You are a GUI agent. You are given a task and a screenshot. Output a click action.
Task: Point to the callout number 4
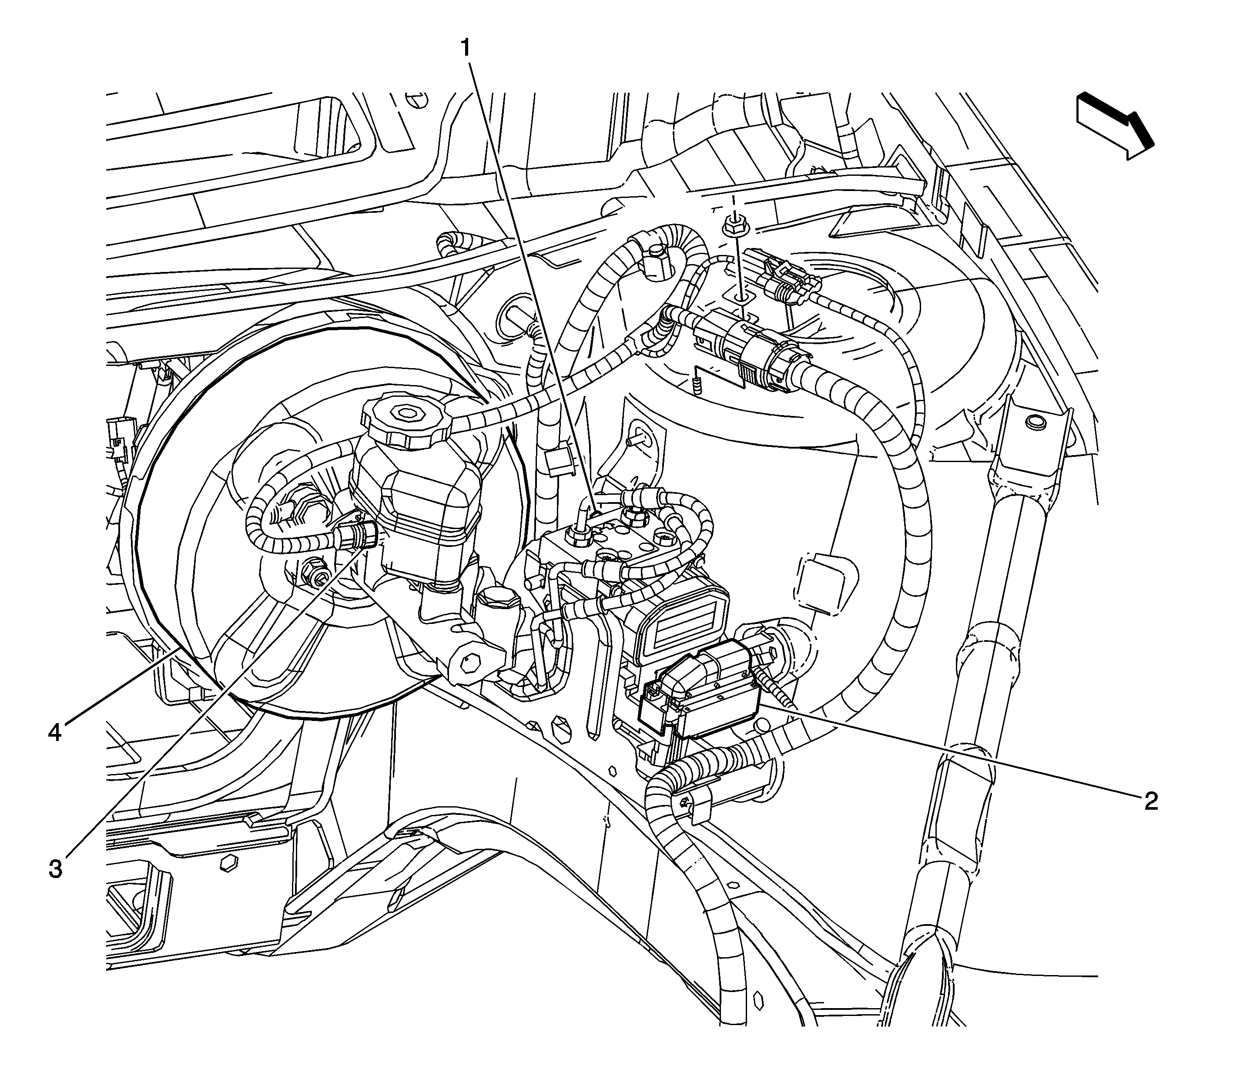pyautogui.click(x=55, y=733)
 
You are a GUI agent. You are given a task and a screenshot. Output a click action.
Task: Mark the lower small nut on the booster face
pyautogui.click(x=313, y=568)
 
